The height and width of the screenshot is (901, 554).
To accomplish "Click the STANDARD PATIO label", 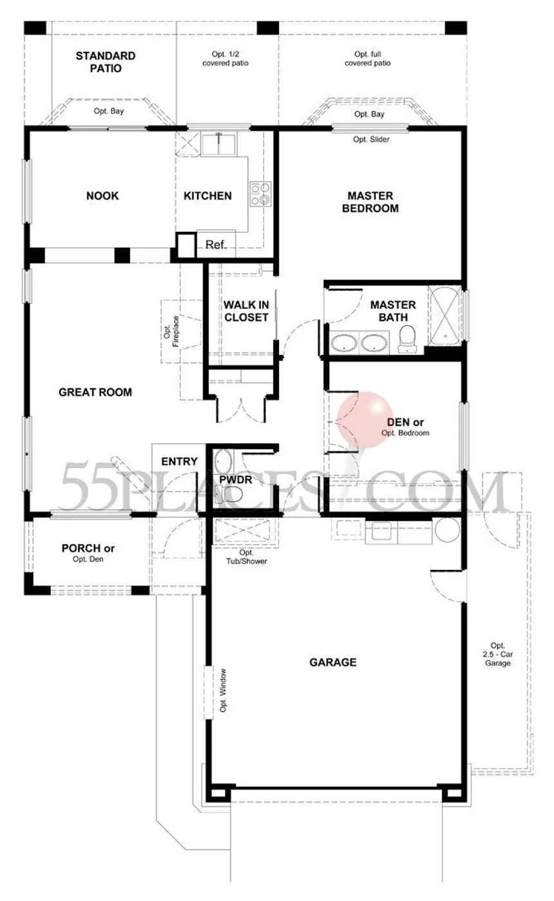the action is [106, 62].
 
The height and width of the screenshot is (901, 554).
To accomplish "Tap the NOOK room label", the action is [102, 196].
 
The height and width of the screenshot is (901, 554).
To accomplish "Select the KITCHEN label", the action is [207, 196].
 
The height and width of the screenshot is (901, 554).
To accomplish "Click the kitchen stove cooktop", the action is [260, 194].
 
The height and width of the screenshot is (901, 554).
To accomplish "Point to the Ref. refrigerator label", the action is [216, 245].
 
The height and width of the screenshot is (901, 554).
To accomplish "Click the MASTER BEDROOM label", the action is [370, 202].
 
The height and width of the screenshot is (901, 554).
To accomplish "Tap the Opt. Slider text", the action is [371, 139].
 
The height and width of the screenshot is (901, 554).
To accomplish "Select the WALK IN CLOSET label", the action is [246, 311].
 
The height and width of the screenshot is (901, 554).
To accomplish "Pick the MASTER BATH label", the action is [393, 311].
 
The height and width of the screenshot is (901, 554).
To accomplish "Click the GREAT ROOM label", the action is [95, 392].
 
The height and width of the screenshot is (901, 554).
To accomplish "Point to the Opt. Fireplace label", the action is [171, 331].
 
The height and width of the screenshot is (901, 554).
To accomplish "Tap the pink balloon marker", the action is [365, 419].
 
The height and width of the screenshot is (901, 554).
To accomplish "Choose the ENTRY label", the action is [180, 461].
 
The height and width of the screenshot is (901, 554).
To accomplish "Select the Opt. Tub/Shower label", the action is [246, 557].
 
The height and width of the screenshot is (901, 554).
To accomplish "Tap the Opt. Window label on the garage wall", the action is [224, 690].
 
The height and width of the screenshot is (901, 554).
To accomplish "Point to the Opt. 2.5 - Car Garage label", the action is [498, 654].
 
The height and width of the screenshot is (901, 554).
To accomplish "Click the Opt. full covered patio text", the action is [367, 59].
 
